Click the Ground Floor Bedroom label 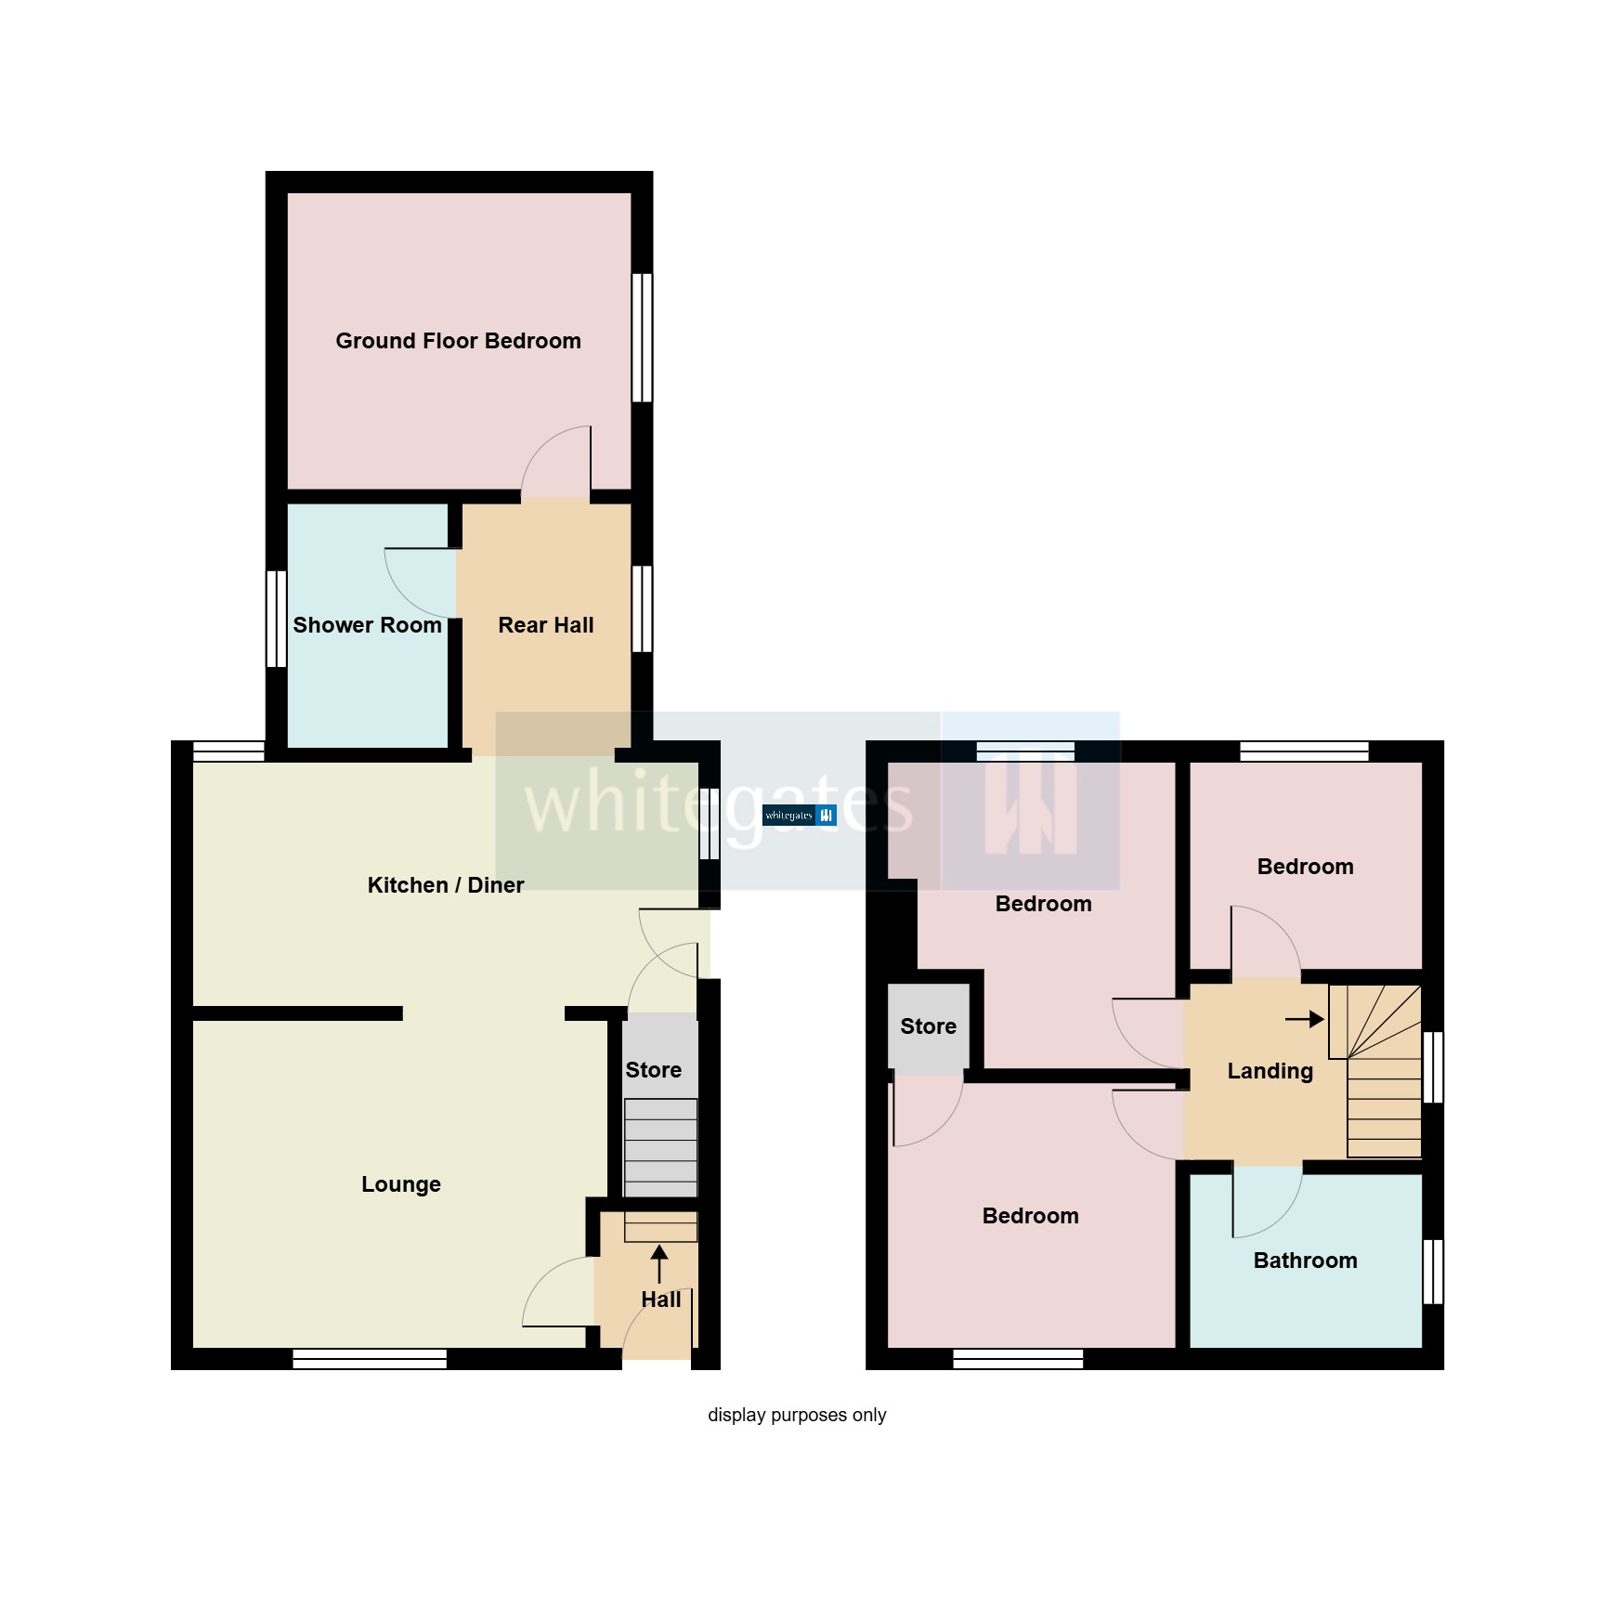(x=458, y=341)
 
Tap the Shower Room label (x=367, y=625)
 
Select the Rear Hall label (x=546, y=625)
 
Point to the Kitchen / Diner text (x=446, y=885)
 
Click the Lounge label (x=401, y=1184)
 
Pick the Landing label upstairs (x=1270, y=1071)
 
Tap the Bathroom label (x=1306, y=1261)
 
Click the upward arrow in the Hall (x=659, y=1264)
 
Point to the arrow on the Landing (x=1305, y=1019)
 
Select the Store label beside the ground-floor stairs (x=654, y=1070)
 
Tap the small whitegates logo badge (x=800, y=816)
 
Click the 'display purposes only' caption (x=797, y=1415)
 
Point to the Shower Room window (x=276, y=619)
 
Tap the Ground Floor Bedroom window (x=642, y=337)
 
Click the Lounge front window (x=370, y=1359)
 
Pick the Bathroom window (x=1433, y=1271)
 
